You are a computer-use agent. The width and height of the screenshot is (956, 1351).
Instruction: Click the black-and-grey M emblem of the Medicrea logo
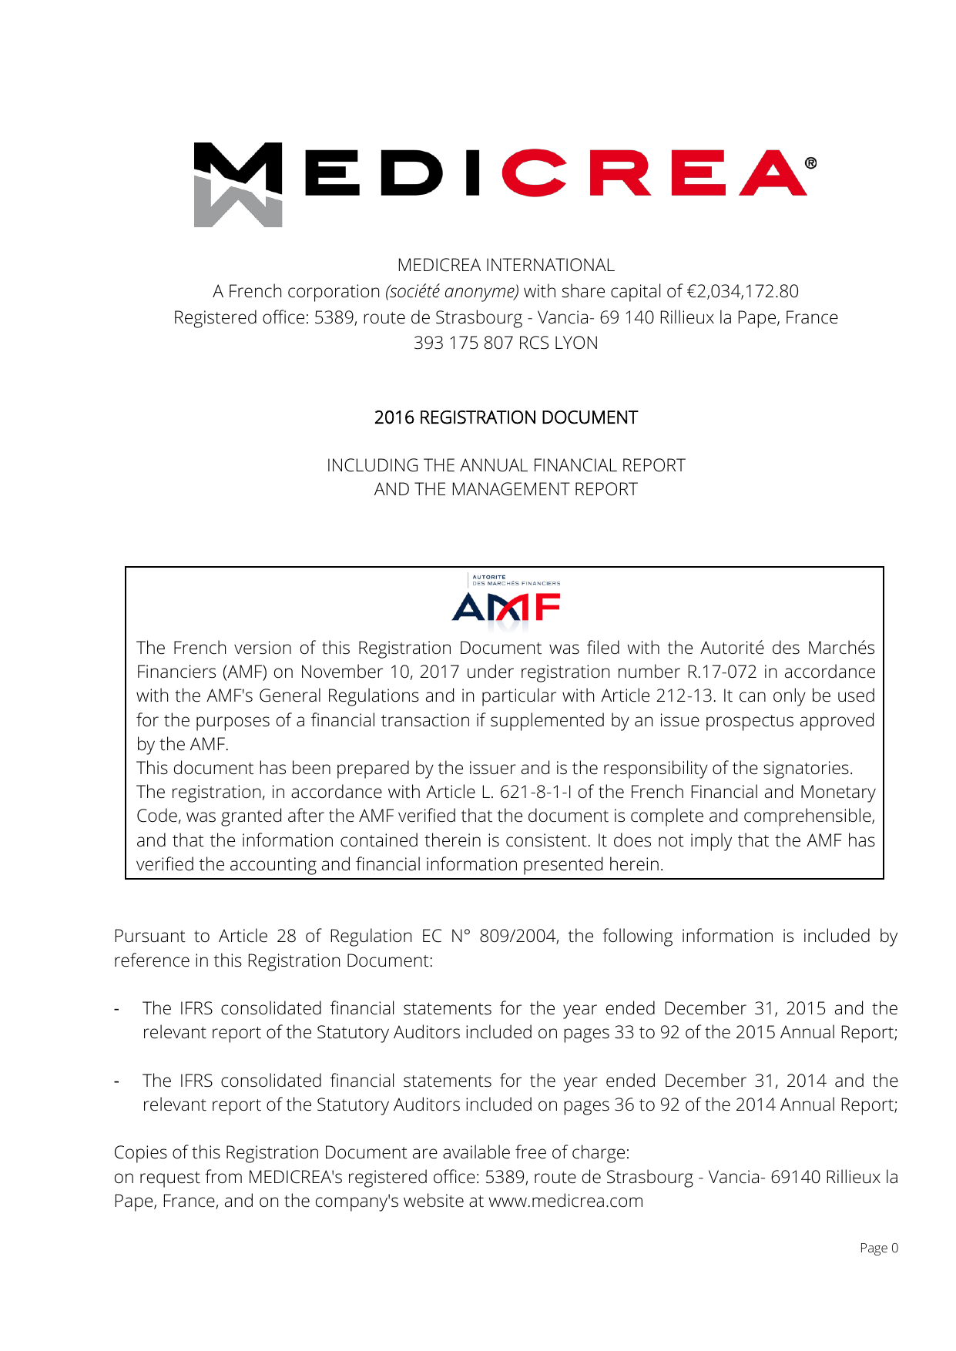(237, 184)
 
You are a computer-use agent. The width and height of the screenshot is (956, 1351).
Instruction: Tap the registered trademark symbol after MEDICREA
(810, 163)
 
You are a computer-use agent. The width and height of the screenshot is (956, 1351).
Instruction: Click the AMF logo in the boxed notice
(506, 602)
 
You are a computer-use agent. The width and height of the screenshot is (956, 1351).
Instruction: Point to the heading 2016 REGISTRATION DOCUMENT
(505, 417)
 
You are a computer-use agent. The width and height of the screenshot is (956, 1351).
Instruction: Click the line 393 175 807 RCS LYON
(505, 343)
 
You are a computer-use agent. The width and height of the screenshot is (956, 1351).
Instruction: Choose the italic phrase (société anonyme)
(452, 291)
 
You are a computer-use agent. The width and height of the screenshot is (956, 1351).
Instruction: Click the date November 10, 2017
(380, 672)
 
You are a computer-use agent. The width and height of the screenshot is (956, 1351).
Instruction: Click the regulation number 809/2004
(518, 936)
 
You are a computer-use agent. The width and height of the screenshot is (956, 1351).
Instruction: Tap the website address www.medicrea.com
(565, 1201)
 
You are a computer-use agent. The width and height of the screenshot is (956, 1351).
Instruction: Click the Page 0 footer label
(878, 1248)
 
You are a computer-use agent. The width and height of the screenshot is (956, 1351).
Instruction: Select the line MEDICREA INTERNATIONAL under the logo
(505, 265)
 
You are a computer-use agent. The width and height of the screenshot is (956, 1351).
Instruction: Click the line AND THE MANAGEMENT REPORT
(505, 489)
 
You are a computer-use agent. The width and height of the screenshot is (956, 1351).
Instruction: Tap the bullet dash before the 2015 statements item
(116, 1009)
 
